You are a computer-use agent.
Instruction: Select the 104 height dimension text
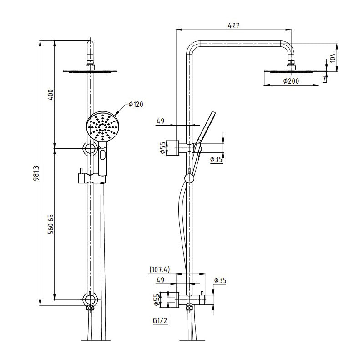click(x=333, y=57)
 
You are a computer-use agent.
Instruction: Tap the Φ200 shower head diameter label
click(x=290, y=81)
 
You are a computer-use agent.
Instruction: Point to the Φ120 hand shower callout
click(x=135, y=105)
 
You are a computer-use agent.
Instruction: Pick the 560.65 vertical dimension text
click(x=51, y=224)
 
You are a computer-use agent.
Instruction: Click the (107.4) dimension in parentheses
click(x=159, y=269)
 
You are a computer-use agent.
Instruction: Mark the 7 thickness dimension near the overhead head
click(x=324, y=79)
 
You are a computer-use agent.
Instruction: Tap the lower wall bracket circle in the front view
click(x=90, y=299)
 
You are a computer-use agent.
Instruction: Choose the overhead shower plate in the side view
click(x=291, y=71)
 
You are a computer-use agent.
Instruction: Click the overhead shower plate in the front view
click(x=90, y=71)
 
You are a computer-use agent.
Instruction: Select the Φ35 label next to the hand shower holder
click(x=217, y=159)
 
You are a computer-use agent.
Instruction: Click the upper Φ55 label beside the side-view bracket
click(x=162, y=148)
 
